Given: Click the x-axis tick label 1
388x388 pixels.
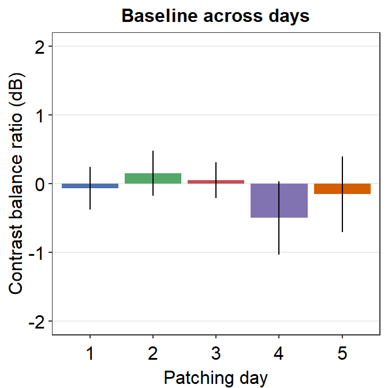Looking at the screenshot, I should pyautogui.click(x=90, y=353).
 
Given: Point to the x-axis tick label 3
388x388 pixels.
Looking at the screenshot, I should pyautogui.click(x=216, y=353).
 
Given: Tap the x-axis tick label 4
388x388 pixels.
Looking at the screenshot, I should pyautogui.click(x=279, y=353).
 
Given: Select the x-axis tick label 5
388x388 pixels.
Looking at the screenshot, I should pyautogui.click(x=342, y=353).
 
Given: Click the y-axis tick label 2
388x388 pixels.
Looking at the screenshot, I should pyautogui.click(x=39, y=47).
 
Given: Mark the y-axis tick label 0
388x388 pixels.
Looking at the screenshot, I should pyautogui.click(x=39, y=184).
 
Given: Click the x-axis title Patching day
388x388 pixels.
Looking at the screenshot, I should pyautogui.click(x=216, y=378).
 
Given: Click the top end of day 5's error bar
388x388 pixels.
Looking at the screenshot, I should pyautogui.click(x=342, y=157).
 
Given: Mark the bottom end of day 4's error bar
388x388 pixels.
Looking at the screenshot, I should pyautogui.click(x=279, y=254).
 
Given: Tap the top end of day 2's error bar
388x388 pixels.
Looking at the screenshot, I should pyautogui.click(x=153, y=151).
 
